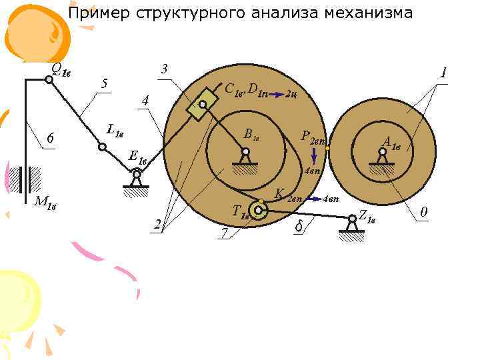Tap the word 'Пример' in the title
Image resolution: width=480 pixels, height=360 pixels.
(x=94, y=13)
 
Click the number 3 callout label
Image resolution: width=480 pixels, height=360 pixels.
(x=164, y=69)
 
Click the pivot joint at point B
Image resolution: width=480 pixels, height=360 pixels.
(x=245, y=152)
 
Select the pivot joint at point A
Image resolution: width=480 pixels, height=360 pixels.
(x=382, y=153)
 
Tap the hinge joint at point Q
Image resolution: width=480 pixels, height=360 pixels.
(x=49, y=79)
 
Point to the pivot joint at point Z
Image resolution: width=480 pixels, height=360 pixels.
(x=352, y=217)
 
